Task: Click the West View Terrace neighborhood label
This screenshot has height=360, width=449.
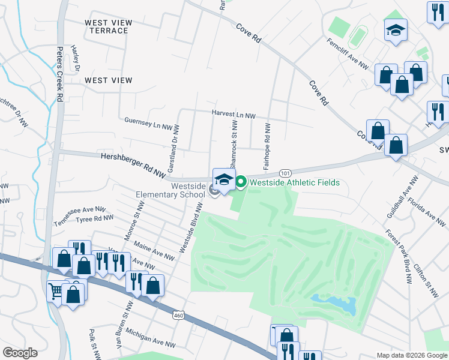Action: coord(108,26)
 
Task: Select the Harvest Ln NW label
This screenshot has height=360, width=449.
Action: coord(234,114)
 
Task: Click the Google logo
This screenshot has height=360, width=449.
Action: coord(20,353)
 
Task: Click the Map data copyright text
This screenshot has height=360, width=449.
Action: coord(411,355)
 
